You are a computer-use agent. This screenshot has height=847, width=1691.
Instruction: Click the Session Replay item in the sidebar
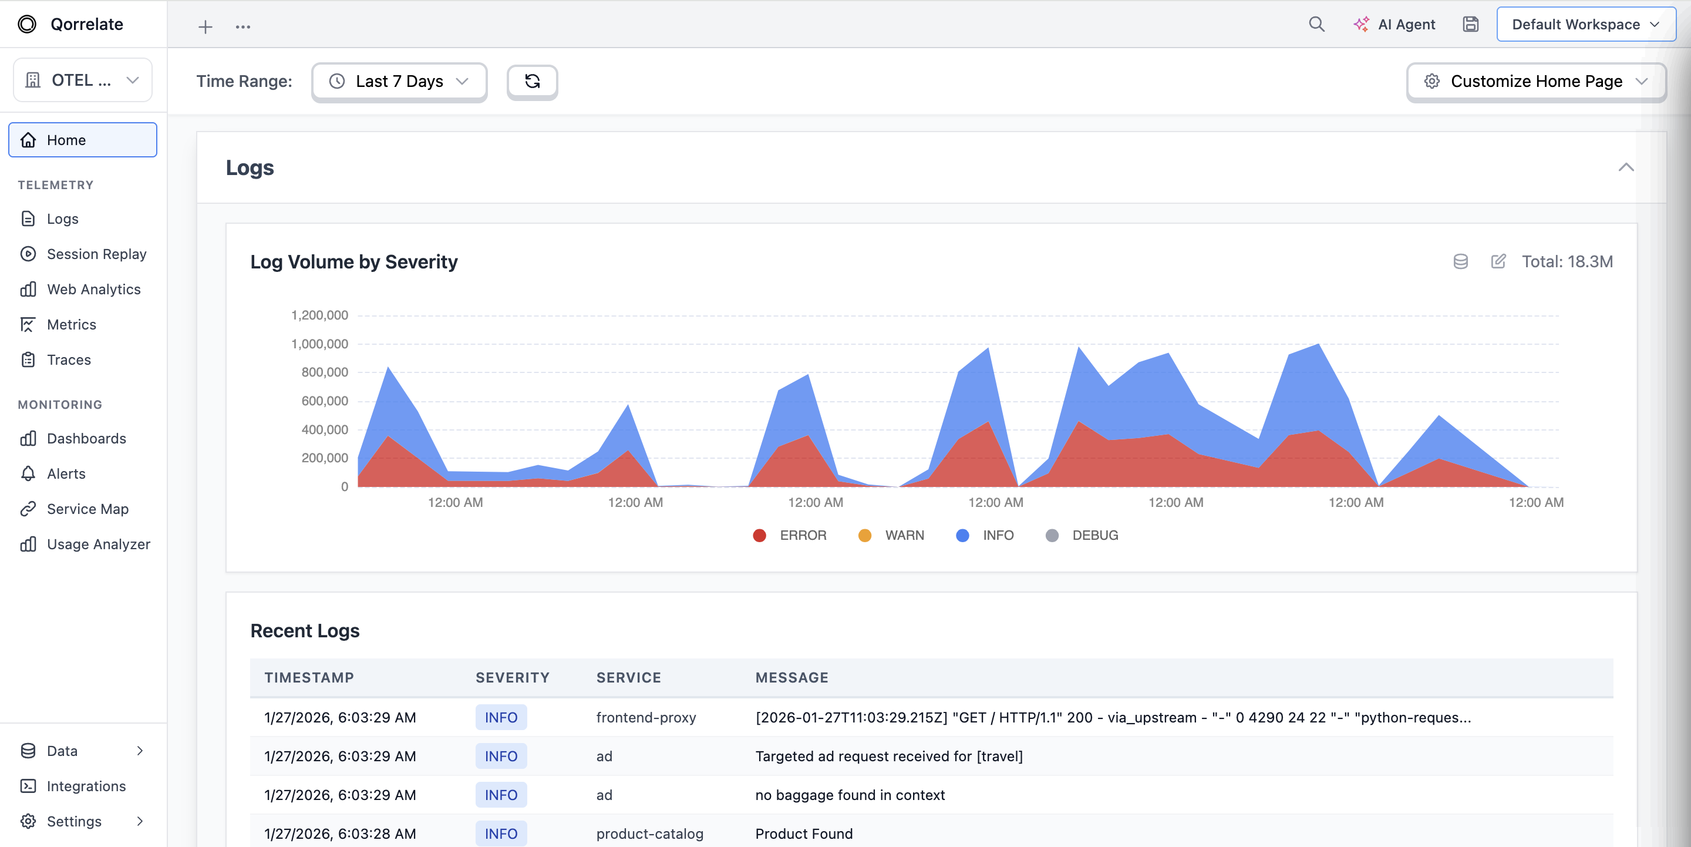pos(96,254)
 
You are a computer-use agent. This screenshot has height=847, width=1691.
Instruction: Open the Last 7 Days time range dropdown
pos(399,82)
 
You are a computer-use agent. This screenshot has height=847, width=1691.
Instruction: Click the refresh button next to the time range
pos(532,82)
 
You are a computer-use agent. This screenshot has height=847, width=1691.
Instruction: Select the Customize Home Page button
pos(1535,82)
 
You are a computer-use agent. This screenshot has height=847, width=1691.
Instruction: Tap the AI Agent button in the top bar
pos(1394,24)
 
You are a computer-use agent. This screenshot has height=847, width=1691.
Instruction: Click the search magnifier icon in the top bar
pos(1316,24)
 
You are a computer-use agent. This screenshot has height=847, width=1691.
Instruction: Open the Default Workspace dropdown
pos(1585,24)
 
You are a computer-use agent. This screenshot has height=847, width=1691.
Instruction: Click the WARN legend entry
pos(891,535)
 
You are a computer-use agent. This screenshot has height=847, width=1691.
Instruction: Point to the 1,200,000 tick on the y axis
pos(319,315)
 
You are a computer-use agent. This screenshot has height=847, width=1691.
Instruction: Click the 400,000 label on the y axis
pos(324,429)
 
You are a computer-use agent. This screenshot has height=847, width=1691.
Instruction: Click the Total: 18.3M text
pos(1567,262)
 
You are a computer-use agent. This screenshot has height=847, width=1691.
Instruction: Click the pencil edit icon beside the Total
pos(1498,262)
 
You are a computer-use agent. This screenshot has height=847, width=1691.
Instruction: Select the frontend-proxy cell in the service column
pos(645,718)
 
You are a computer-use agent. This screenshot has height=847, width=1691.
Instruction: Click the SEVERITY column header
pos(512,678)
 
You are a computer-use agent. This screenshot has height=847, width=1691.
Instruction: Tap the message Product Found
pos(803,834)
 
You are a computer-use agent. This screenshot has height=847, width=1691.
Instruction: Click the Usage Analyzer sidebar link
pos(98,544)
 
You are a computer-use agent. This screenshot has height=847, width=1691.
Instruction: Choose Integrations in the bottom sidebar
pos(85,786)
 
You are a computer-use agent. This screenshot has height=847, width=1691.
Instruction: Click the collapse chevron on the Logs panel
pos(1625,167)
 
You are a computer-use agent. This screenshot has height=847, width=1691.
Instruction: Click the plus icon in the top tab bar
pos(206,27)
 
